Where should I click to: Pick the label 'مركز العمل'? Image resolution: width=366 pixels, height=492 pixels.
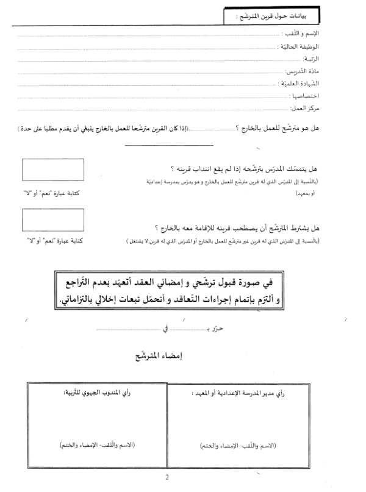click(x=323, y=109)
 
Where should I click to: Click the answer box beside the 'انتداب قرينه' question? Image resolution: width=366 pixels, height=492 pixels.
click(x=52, y=169)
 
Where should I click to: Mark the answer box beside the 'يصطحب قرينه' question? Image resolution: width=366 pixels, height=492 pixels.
click(x=52, y=219)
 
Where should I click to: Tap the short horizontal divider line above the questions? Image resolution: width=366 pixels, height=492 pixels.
click(x=169, y=145)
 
